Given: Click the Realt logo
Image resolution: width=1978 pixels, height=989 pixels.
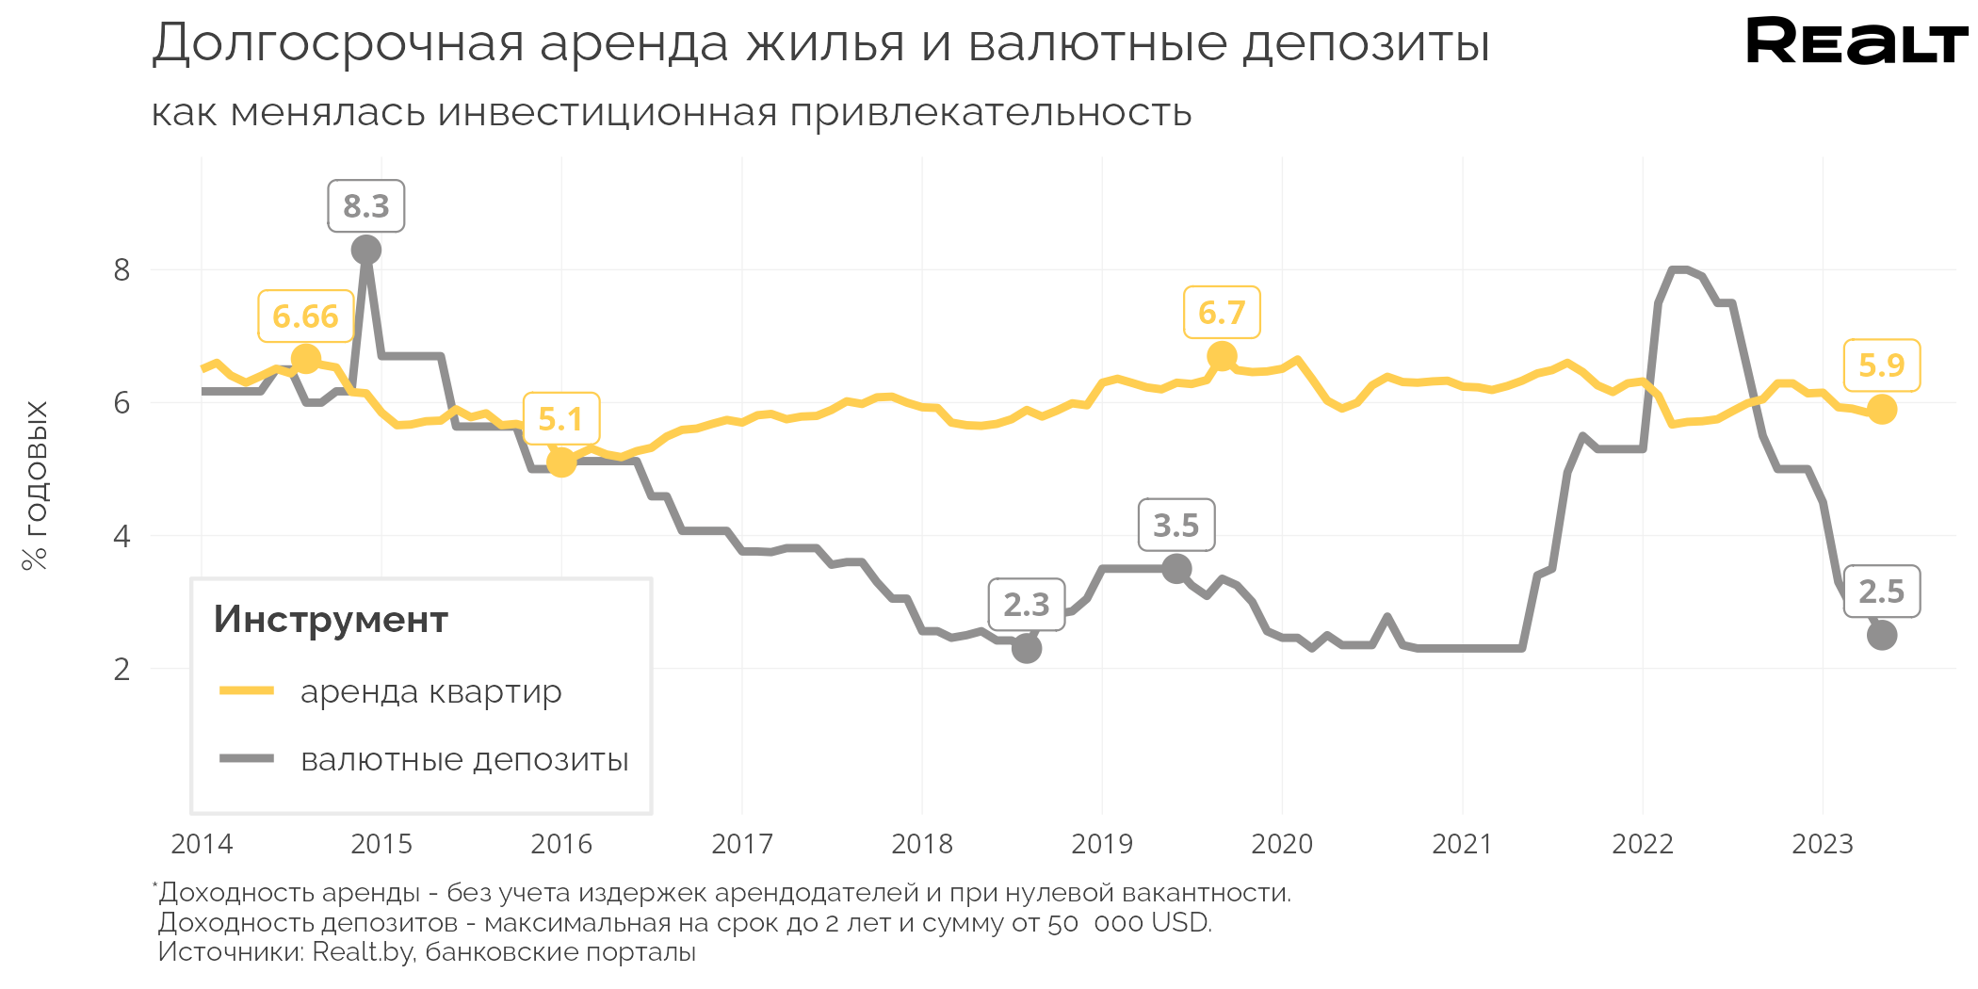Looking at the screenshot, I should point(1856,41).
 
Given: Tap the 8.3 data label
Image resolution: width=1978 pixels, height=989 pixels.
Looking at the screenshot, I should point(366,206).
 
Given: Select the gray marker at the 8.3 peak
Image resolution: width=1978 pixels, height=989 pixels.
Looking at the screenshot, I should point(366,250).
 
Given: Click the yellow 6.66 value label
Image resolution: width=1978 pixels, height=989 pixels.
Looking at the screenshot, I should point(305,316).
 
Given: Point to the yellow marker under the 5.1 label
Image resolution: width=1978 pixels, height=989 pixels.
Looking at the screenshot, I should point(561,462).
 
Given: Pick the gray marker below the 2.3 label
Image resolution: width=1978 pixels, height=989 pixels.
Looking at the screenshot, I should point(1027,648).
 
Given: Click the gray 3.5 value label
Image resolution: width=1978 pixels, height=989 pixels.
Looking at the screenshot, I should point(1176,526).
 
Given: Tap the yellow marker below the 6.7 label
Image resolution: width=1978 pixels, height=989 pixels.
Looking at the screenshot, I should point(1222,357).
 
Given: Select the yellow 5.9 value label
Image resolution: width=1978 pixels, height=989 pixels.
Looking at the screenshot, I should point(1881,365).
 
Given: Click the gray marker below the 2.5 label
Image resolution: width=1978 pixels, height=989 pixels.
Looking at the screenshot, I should point(1882,636).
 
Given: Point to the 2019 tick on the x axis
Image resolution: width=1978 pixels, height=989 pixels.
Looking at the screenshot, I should point(1102,844).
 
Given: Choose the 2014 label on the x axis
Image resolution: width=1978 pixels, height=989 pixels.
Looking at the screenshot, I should point(202,844).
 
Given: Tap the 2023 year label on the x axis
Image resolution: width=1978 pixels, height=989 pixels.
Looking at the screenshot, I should point(1823,844).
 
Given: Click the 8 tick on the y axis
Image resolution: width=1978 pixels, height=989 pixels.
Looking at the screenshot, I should point(122,270).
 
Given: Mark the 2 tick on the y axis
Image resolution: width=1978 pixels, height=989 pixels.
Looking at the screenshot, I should point(122,669).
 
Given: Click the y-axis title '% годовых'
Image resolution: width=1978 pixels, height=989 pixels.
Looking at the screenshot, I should point(35,485).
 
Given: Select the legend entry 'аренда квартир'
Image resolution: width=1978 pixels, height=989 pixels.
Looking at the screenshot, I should point(430,691).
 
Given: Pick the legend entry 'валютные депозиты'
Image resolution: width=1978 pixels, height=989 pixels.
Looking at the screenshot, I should point(463,759).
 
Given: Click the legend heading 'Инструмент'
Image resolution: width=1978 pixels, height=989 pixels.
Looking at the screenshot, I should point(331,620).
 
